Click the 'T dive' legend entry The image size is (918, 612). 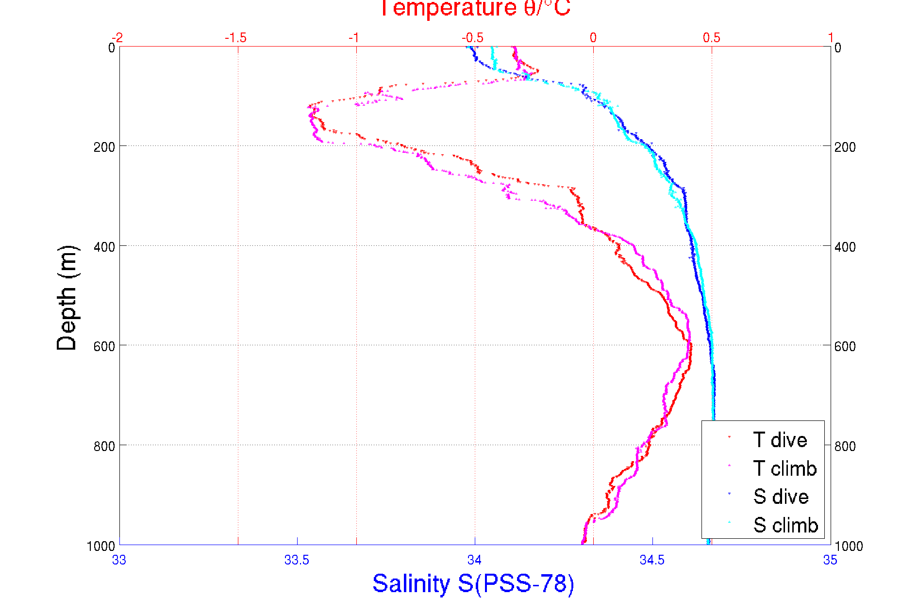click(x=780, y=440)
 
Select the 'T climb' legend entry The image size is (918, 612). click(x=784, y=468)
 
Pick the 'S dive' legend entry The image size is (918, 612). click(x=781, y=497)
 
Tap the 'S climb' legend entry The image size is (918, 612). click(x=785, y=525)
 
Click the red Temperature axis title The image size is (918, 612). click(x=475, y=9)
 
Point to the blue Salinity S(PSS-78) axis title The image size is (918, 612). click(x=473, y=583)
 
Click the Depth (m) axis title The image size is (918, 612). click(x=67, y=298)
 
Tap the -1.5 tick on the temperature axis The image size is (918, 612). click(x=236, y=38)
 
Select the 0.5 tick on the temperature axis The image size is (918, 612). click(x=712, y=38)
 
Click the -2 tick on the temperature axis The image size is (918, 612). click(x=117, y=38)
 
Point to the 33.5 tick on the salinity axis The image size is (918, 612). click(x=297, y=560)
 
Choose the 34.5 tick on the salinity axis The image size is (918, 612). click(x=652, y=560)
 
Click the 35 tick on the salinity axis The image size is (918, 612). click(x=830, y=560)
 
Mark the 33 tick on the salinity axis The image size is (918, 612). click(x=119, y=560)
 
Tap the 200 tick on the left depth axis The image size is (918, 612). click(x=104, y=146)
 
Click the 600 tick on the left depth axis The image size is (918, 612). click(x=104, y=346)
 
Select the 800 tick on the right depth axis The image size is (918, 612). click(x=845, y=446)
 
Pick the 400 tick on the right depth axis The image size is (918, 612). click(x=845, y=246)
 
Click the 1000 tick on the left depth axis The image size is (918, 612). click(x=101, y=546)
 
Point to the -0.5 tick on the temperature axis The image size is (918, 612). click(x=472, y=38)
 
